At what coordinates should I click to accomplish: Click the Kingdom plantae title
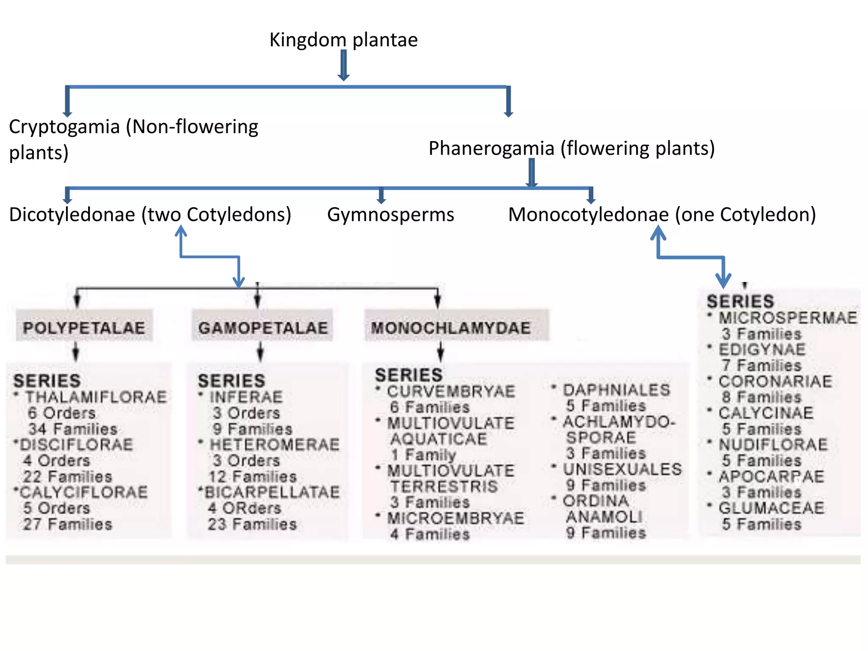click(x=343, y=40)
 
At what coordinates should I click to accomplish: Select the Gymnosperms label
click(x=390, y=214)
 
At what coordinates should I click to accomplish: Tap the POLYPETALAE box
click(x=84, y=328)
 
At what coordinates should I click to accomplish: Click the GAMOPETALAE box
click(x=263, y=328)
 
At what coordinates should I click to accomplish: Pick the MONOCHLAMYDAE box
click(x=451, y=328)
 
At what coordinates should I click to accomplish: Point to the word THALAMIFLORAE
click(x=96, y=397)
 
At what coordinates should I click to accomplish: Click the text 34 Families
click(x=73, y=429)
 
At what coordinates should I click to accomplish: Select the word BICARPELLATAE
click(x=272, y=492)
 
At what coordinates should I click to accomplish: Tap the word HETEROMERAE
click(x=275, y=445)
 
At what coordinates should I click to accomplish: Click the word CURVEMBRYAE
click(x=451, y=391)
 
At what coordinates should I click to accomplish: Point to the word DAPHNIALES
click(x=616, y=390)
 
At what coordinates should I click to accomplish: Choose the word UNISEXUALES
click(x=622, y=469)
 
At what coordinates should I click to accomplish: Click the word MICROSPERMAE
click(x=787, y=317)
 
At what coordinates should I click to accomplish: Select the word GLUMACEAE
click(x=771, y=508)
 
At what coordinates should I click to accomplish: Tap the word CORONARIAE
click(x=775, y=381)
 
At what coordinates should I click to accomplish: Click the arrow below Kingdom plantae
click(x=344, y=66)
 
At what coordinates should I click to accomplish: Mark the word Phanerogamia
click(x=491, y=148)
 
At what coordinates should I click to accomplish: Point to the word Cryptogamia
click(x=64, y=127)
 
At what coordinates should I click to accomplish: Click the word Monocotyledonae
click(x=588, y=214)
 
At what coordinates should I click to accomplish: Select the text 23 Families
click(x=252, y=524)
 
